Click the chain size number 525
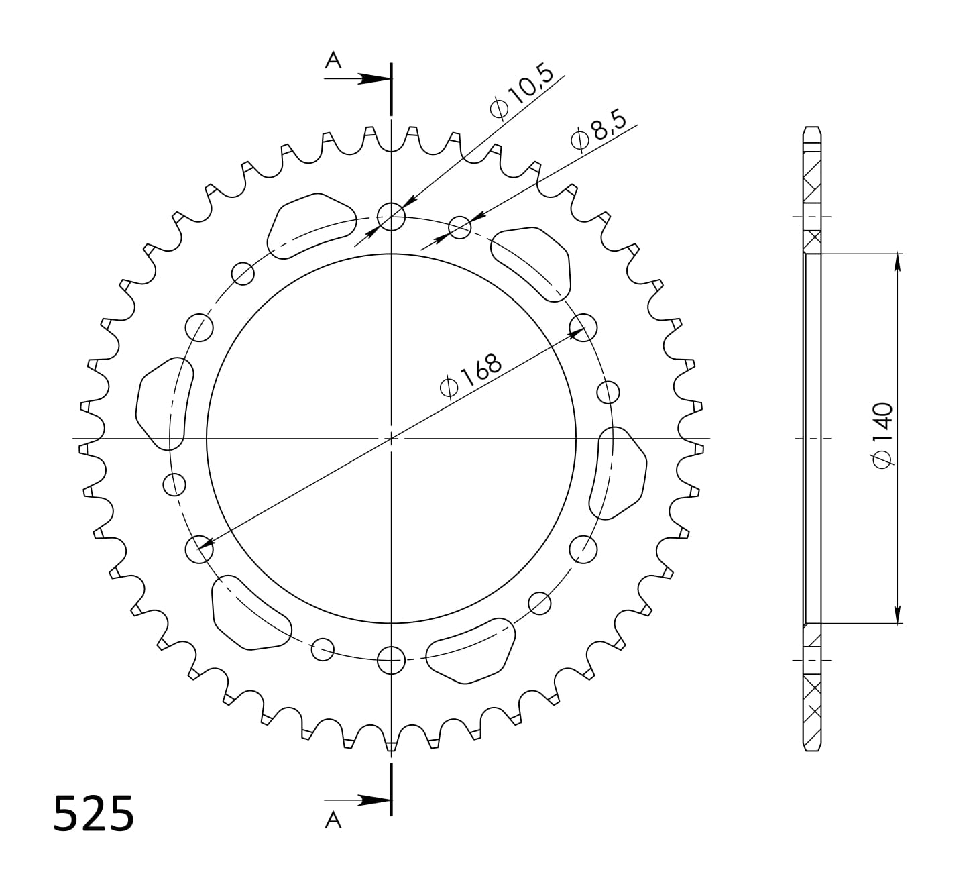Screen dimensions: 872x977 (94, 814)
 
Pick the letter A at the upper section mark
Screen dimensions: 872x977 (333, 61)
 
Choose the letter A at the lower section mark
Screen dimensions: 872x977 (333, 820)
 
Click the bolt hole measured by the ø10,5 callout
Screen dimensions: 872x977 (391, 216)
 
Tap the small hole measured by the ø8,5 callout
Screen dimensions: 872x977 (459, 227)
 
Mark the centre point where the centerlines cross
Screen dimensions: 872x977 (391, 439)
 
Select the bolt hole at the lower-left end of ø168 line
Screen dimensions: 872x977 (198, 549)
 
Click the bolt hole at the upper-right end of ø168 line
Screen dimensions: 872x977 (583, 327)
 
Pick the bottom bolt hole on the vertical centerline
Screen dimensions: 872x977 (391, 661)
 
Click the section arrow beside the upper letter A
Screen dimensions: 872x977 (369, 79)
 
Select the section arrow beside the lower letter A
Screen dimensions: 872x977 (369, 800)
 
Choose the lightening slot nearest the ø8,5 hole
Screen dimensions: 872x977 (532, 264)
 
